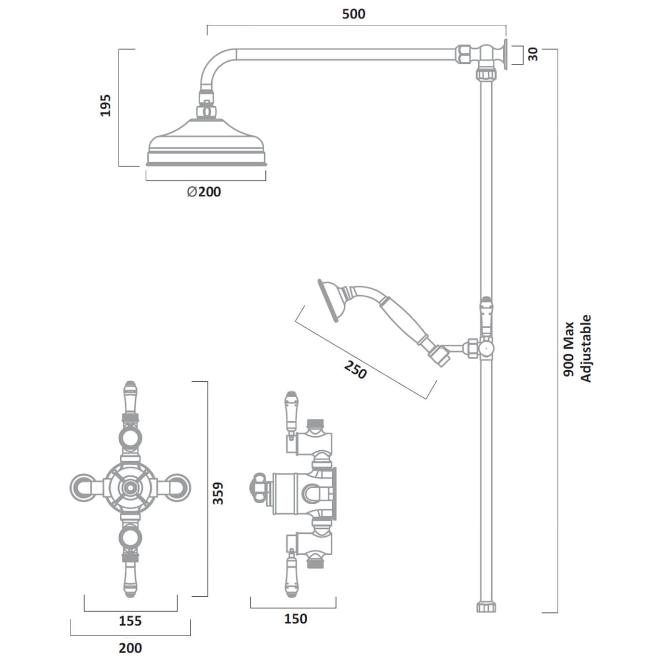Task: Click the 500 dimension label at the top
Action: click(354, 14)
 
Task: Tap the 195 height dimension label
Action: click(105, 105)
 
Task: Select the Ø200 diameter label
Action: click(204, 191)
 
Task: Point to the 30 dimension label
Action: click(533, 55)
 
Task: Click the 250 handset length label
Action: click(355, 370)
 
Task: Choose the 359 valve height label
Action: click(218, 493)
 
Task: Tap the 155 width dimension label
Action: click(130, 621)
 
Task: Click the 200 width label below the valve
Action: click(130, 648)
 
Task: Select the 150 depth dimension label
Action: click(296, 619)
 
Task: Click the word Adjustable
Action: click(586, 349)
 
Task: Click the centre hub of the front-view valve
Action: click(130, 487)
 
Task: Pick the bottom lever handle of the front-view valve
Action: click(130, 576)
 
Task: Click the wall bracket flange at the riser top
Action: click(505, 55)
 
